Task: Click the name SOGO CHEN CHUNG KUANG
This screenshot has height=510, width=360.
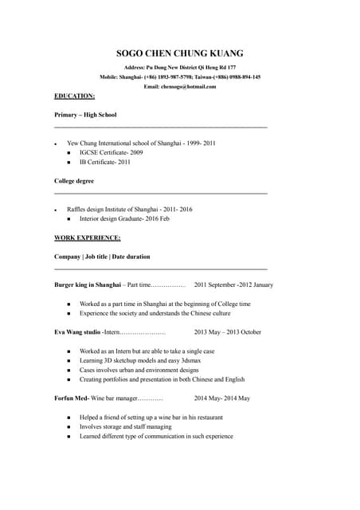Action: coord(180,53)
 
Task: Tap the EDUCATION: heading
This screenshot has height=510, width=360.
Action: coord(74,96)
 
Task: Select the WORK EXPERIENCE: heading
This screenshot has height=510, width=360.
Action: coord(88,237)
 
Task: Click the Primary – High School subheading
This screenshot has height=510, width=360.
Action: coord(85,115)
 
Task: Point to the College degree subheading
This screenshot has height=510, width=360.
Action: coord(74,181)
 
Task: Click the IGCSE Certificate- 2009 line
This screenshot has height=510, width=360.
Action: coord(112,152)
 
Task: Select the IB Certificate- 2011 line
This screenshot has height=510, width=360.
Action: coord(105,162)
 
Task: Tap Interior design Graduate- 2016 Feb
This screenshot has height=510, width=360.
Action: coord(124,218)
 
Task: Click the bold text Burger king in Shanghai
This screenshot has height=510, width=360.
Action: coord(88,284)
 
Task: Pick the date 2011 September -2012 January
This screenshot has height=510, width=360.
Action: coord(233,284)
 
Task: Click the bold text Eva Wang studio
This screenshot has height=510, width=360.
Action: coord(77,331)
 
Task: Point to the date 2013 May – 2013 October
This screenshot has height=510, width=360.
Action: coord(217,331)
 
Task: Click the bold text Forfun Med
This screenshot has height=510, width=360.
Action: coord(71,398)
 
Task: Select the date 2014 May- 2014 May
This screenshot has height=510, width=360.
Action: coord(222,398)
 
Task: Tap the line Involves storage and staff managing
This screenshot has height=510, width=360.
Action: coord(125,426)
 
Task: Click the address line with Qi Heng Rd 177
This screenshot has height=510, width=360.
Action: coord(180,69)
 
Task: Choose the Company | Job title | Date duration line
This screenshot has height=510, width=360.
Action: coord(102,257)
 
